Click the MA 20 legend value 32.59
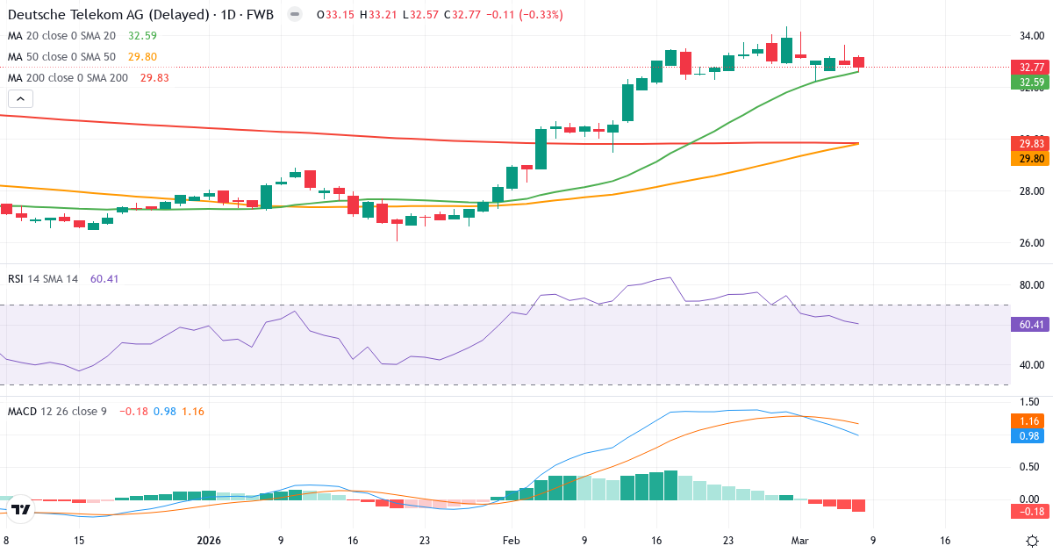coord(143,36)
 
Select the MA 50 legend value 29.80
coord(143,57)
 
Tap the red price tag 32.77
coord(1028,68)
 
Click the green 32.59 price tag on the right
coord(1028,83)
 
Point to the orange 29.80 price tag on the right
coord(1028,158)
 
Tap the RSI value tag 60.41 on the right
coord(1028,325)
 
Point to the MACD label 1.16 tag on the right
coord(1028,422)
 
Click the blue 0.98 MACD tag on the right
coord(1028,436)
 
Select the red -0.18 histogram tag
coord(1028,511)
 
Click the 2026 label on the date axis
coord(210,541)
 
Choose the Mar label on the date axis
coord(799,541)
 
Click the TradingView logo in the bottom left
coord(22,509)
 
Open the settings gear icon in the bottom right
coord(1032,541)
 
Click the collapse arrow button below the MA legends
coord(18,100)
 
